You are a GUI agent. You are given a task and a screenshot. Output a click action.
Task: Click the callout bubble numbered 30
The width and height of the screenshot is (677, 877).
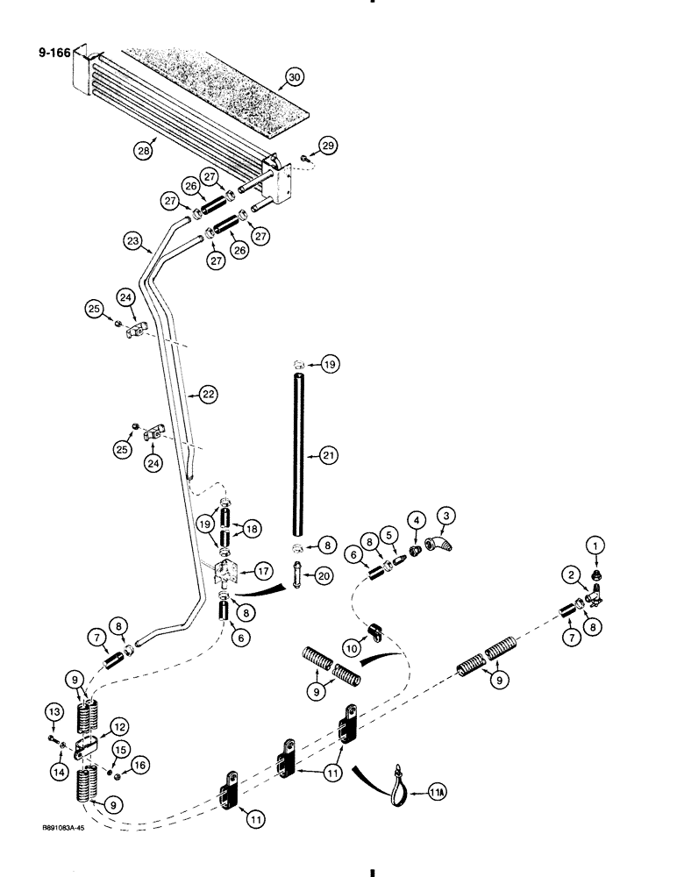point(294,77)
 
